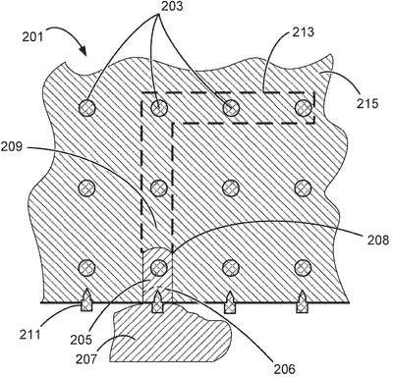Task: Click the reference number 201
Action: pyautogui.click(x=32, y=36)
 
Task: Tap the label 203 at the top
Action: pyautogui.click(x=172, y=6)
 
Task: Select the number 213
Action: pyautogui.click(x=304, y=31)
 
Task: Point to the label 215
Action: pyautogui.click(x=367, y=103)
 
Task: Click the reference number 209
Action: pyautogui.click(x=12, y=146)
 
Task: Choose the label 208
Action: pyautogui.click(x=378, y=240)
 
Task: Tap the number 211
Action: pyautogui.click(x=29, y=335)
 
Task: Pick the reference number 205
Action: pyautogui.click(x=81, y=340)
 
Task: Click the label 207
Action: pyautogui.click(x=86, y=359)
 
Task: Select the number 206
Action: pyautogui.click(x=285, y=369)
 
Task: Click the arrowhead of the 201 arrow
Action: pyautogui.click(x=84, y=51)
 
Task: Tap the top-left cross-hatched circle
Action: pyautogui.click(x=87, y=108)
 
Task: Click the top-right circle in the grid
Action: pyautogui.click(x=304, y=108)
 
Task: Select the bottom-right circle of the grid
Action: pyautogui.click(x=303, y=268)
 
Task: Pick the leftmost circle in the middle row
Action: pyautogui.click(x=87, y=188)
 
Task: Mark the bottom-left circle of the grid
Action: pyautogui.click(x=86, y=268)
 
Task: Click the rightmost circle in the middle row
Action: pyautogui.click(x=303, y=188)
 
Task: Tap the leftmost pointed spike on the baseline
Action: pyautogui.click(x=86, y=299)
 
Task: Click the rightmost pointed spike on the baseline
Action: pyautogui.click(x=302, y=301)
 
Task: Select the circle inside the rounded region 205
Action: pyautogui.click(x=159, y=268)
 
